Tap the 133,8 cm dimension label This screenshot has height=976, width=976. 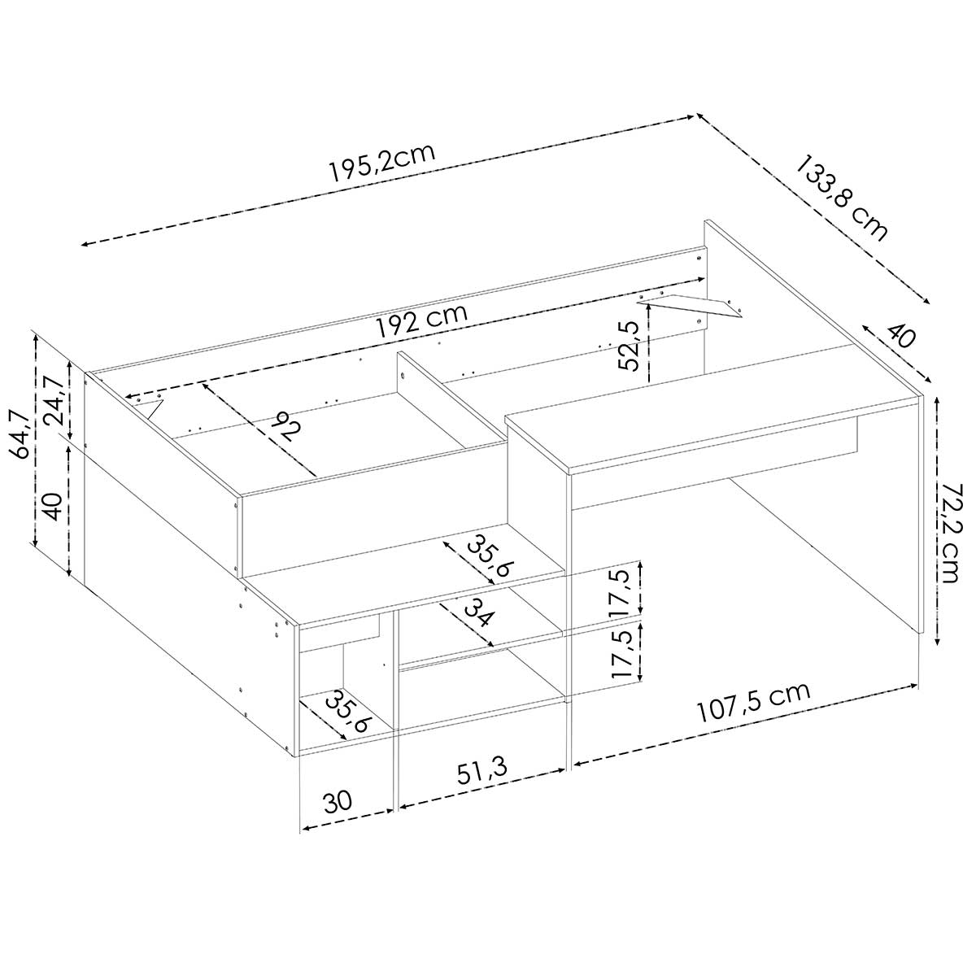[842, 198]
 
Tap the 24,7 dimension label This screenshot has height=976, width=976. [54, 399]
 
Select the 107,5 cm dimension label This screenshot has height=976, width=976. [754, 703]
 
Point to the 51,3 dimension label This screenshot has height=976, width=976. [481, 771]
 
